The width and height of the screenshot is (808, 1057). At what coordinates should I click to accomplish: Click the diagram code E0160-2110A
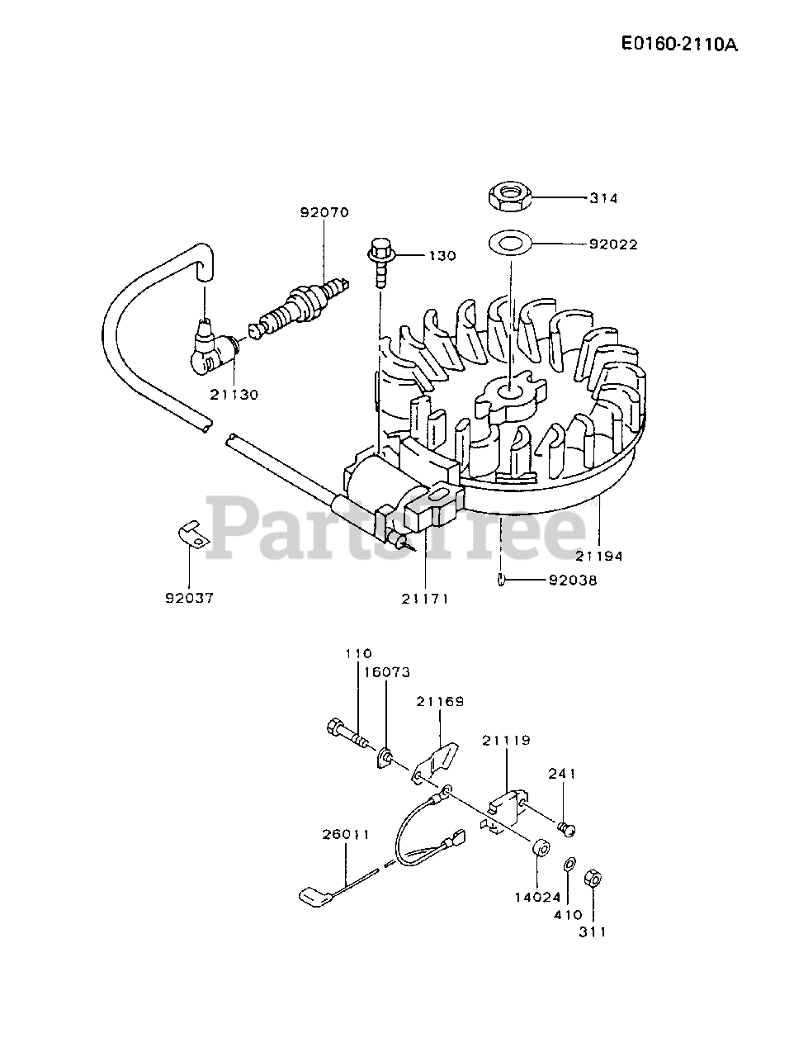point(678,43)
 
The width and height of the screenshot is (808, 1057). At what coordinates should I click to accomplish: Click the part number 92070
point(324,212)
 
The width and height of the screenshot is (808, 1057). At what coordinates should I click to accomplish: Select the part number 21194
point(599,556)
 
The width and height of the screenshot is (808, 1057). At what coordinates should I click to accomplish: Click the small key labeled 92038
point(503,580)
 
